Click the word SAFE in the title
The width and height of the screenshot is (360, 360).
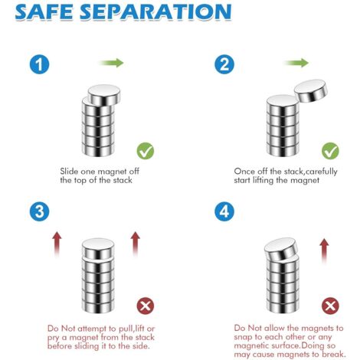44,11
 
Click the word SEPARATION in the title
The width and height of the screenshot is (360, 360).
155,11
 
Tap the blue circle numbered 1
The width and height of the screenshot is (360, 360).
39,64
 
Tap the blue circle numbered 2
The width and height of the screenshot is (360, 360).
224,64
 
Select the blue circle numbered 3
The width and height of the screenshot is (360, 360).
39,211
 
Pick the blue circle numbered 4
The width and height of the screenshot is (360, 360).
224,211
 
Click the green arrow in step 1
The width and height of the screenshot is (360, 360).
112,63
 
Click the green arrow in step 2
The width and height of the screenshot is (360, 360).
296,63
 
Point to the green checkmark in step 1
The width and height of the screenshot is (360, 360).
146,151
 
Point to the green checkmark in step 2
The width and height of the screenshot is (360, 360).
330,151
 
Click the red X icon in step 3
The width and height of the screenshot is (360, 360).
146,306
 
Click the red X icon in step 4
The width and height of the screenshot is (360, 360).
330,306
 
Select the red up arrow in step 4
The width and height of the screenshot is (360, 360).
324,251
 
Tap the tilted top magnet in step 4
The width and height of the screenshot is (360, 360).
281,250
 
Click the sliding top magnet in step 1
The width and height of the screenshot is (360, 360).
104,95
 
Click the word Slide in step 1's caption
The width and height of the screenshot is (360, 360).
69,171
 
